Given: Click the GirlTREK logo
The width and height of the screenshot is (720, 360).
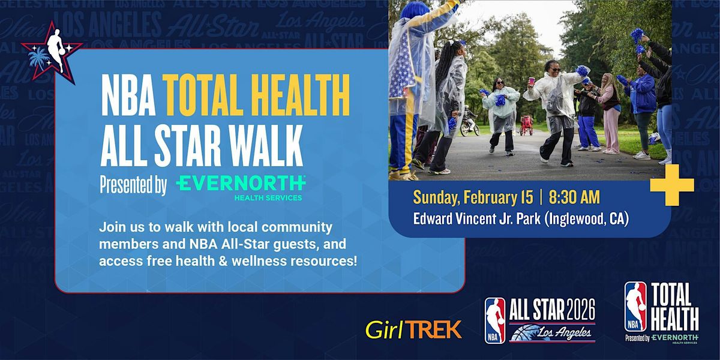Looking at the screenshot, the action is pyautogui.click(x=413, y=329).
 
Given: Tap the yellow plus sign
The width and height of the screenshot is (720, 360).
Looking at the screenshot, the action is pyautogui.click(x=672, y=185).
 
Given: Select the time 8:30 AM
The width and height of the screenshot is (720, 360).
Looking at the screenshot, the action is pyautogui.click(x=574, y=197).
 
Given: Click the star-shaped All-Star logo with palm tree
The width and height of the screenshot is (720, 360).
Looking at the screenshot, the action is pyautogui.click(x=52, y=52).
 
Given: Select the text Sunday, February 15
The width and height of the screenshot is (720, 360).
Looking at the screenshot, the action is pyautogui.click(x=473, y=197).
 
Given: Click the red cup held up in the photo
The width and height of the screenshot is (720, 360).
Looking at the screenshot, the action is pyautogui.click(x=532, y=80).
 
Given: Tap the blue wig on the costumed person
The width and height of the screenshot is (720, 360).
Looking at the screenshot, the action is pyautogui.click(x=415, y=10).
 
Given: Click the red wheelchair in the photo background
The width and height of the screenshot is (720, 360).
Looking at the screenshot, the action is pyautogui.click(x=526, y=125).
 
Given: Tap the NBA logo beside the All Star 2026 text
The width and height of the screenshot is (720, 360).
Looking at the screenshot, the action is pyautogui.click(x=495, y=320).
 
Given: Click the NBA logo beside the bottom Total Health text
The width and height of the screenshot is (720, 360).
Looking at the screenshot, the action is pyautogui.click(x=635, y=307).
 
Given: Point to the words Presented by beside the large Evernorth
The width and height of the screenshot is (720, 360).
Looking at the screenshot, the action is pyautogui.click(x=133, y=185).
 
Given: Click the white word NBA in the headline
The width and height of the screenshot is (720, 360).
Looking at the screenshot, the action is pyautogui.click(x=128, y=95).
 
